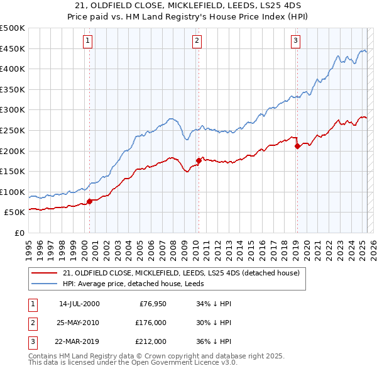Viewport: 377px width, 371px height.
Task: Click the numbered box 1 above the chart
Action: point(87,41)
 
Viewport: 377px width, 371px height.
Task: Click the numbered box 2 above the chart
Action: point(197,41)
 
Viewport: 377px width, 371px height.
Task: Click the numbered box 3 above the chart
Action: point(295,41)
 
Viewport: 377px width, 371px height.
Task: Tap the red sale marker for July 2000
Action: point(89,201)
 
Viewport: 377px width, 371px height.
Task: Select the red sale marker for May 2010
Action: point(199,160)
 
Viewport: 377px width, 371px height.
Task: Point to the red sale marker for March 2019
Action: point(297,146)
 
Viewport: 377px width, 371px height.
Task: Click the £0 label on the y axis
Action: point(20,233)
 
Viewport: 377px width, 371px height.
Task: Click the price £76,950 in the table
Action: point(151,304)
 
